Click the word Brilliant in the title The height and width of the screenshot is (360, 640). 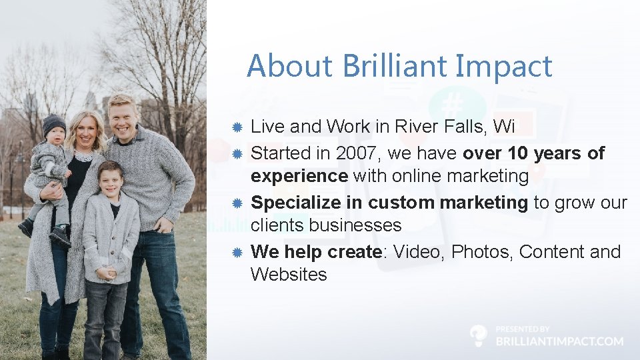(397, 66)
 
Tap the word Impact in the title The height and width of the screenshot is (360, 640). (505, 66)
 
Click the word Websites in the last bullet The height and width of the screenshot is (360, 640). (289, 274)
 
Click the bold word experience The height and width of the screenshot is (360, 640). (299, 176)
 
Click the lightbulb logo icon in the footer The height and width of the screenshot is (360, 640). (478, 335)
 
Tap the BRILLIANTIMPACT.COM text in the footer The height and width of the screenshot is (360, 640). (559, 341)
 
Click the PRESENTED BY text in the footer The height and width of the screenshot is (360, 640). (523, 329)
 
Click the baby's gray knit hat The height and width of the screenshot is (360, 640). (54, 123)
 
